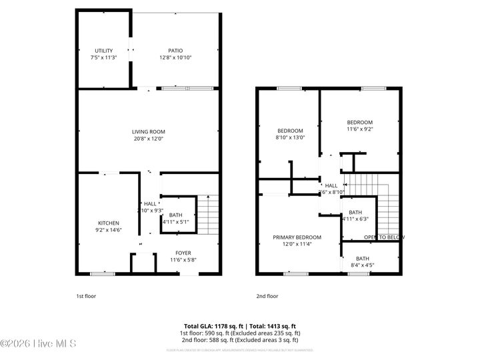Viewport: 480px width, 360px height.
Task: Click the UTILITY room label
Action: [x=103, y=51]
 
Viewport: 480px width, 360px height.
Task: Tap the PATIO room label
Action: [x=175, y=51]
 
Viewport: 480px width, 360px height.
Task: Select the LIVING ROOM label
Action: [x=148, y=132]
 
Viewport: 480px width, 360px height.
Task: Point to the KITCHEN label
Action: [x=109, y=223]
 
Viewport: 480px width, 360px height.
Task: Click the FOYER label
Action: [x=183, y=253]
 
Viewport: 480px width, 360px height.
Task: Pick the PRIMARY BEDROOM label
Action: [x=297, y=237]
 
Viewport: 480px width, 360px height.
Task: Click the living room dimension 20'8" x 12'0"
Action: [x=148, y=139]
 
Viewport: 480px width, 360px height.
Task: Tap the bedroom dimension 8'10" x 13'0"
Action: [x=290, y=138]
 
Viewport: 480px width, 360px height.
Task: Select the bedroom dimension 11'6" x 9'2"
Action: [x=359, y=129]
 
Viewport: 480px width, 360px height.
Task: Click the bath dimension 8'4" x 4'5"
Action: [x=363, y=266]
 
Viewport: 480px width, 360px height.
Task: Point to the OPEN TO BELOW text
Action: [x=384, y=237]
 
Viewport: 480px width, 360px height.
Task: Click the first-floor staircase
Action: [x=209, y=213]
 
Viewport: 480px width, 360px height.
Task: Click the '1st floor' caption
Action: [x=85, y=296]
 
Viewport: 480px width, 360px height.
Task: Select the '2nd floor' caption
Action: [x=267, y=296]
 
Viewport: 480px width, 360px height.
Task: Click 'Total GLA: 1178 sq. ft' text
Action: [x=212, y=326]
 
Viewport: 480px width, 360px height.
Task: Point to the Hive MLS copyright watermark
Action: [x=38, y=344]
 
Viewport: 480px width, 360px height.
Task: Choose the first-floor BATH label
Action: [x=175, y=215]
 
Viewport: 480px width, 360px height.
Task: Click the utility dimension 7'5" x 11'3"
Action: [x=103, y=58]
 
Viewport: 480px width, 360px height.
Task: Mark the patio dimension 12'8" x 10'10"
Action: [x=175, y=58]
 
